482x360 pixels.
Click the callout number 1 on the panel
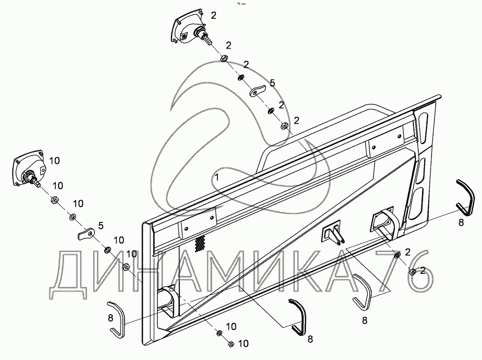(x=217, y=177)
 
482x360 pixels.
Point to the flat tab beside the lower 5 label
(x=86, y=234)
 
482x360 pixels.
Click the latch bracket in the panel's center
(x=332, y=234)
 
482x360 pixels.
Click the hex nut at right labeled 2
(x=413, y=272)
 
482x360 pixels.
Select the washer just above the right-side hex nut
(x=396, y=258)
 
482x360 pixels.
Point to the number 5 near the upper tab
(x=272, y=83)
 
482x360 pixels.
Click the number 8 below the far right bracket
(x=461, y=222)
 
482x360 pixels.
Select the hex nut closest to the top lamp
(x=224, y=59)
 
